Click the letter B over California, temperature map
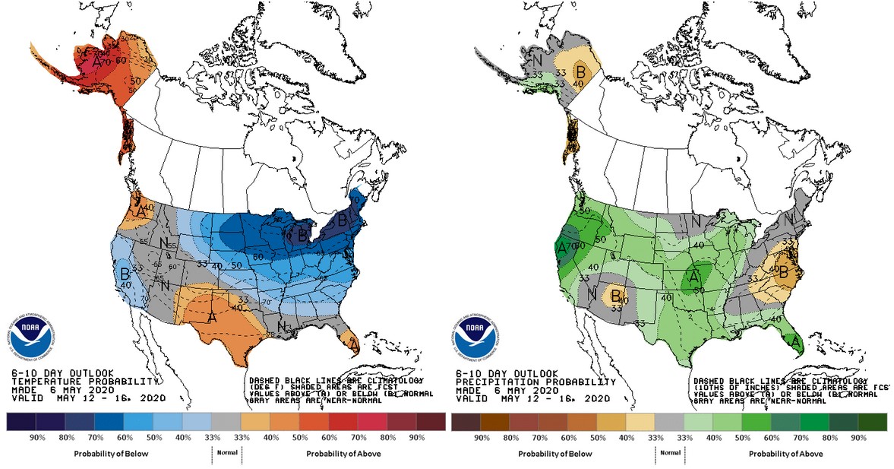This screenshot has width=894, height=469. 124,274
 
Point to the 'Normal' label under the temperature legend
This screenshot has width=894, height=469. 226,452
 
